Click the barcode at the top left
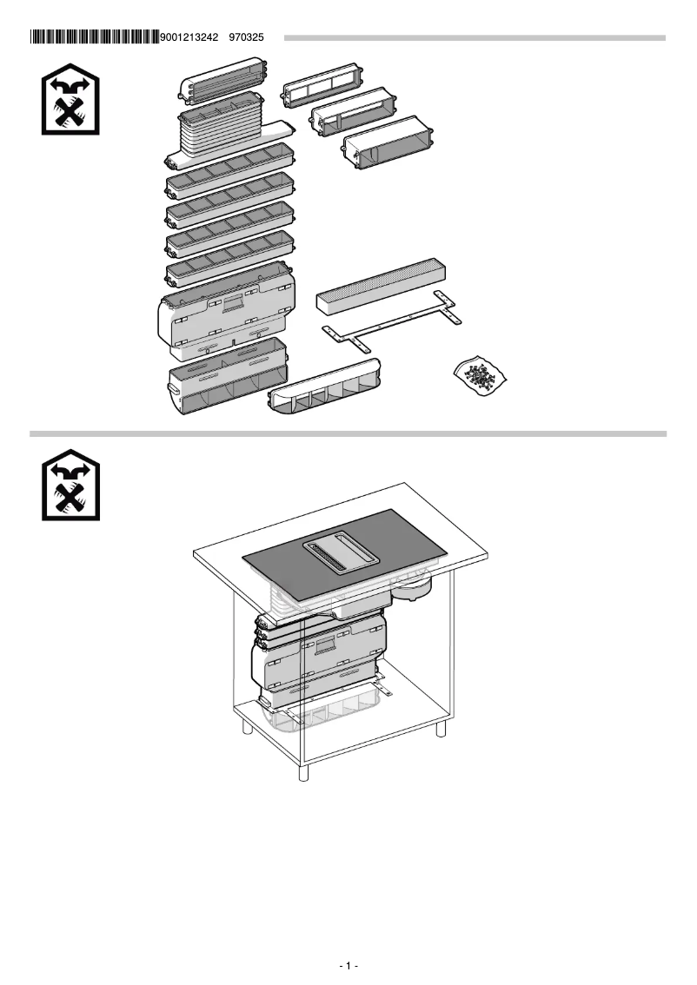click(x=94, y=37)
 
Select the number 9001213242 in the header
click(x=190, y=37)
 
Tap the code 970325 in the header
click(x=246, y=37)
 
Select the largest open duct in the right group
click(x=388, y=146)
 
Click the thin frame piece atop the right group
click(x=318, y=87)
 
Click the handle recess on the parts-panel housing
click(x=231, y=303)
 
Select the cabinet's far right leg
click(x=441, y=724)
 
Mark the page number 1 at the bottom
click(x=348, y=965)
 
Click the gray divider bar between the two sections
click(x=348, y=433)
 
